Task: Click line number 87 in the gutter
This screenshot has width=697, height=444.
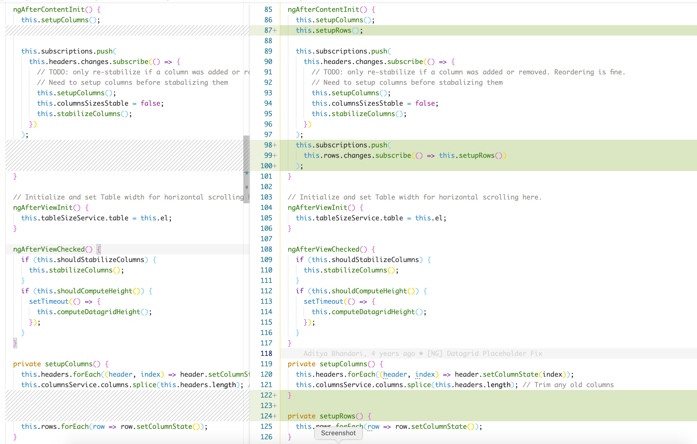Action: click(268, 30)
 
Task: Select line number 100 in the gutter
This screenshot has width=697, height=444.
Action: click(266, 166)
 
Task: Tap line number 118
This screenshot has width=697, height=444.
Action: click(266, 354)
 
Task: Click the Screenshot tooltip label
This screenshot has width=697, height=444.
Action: click(338, 433)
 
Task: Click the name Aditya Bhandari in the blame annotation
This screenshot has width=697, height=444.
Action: click(333, 354)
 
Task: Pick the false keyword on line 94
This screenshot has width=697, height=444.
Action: click(425, 103)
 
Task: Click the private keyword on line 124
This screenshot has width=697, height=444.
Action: click(301, 416)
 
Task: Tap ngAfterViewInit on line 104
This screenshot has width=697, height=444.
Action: click(317, 208)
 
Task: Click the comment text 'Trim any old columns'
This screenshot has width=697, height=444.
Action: click(574, 385)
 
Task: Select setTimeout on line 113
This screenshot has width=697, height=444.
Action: click(323, 302)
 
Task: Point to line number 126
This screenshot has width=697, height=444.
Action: click(266, 437)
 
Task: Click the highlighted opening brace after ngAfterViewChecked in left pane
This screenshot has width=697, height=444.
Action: click(99, 249)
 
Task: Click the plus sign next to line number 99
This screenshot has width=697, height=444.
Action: click(275, 155)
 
